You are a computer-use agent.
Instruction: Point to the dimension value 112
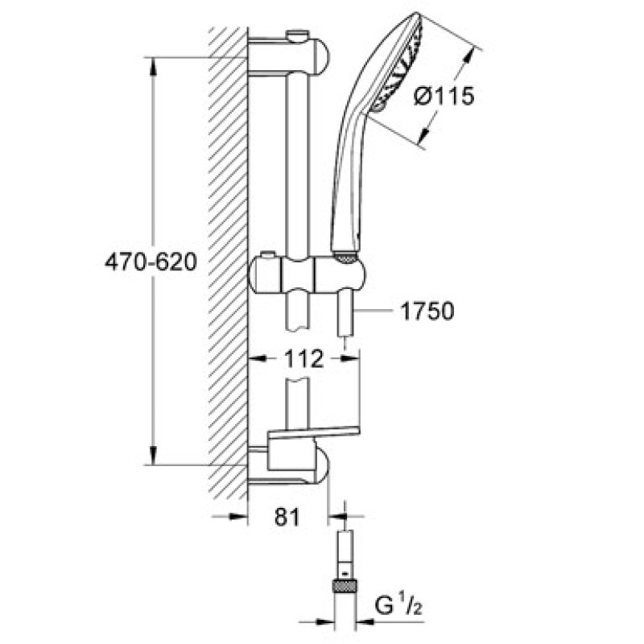pyautogui.click(x=303, y=359)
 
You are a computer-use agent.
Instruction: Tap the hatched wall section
pyautogui.click(x=227, y=258)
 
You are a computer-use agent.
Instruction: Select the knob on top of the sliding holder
pyautogui.click(x=268, y=258)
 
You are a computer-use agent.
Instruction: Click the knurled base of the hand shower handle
pyautogui.click(x=345, y=256)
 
